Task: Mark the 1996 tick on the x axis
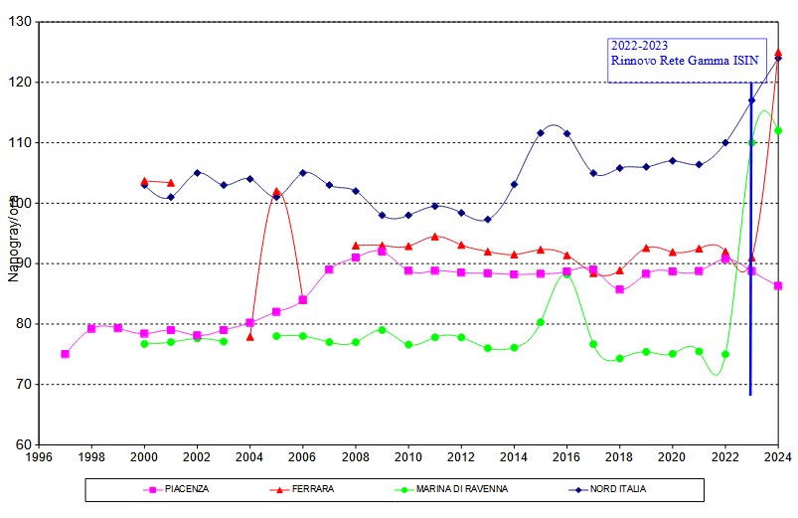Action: point(39,458)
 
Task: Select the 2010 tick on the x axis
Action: point(408,458)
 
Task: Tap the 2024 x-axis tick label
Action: point(778,458)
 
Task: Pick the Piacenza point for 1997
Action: point(66,354)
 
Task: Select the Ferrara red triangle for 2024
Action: point(778,53)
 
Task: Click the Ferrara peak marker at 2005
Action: point(276,192)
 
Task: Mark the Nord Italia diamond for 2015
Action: point(541,132)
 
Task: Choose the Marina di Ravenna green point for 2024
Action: point(778,130)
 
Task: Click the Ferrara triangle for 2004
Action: point(250,336)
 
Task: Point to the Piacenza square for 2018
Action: point(619,289)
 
